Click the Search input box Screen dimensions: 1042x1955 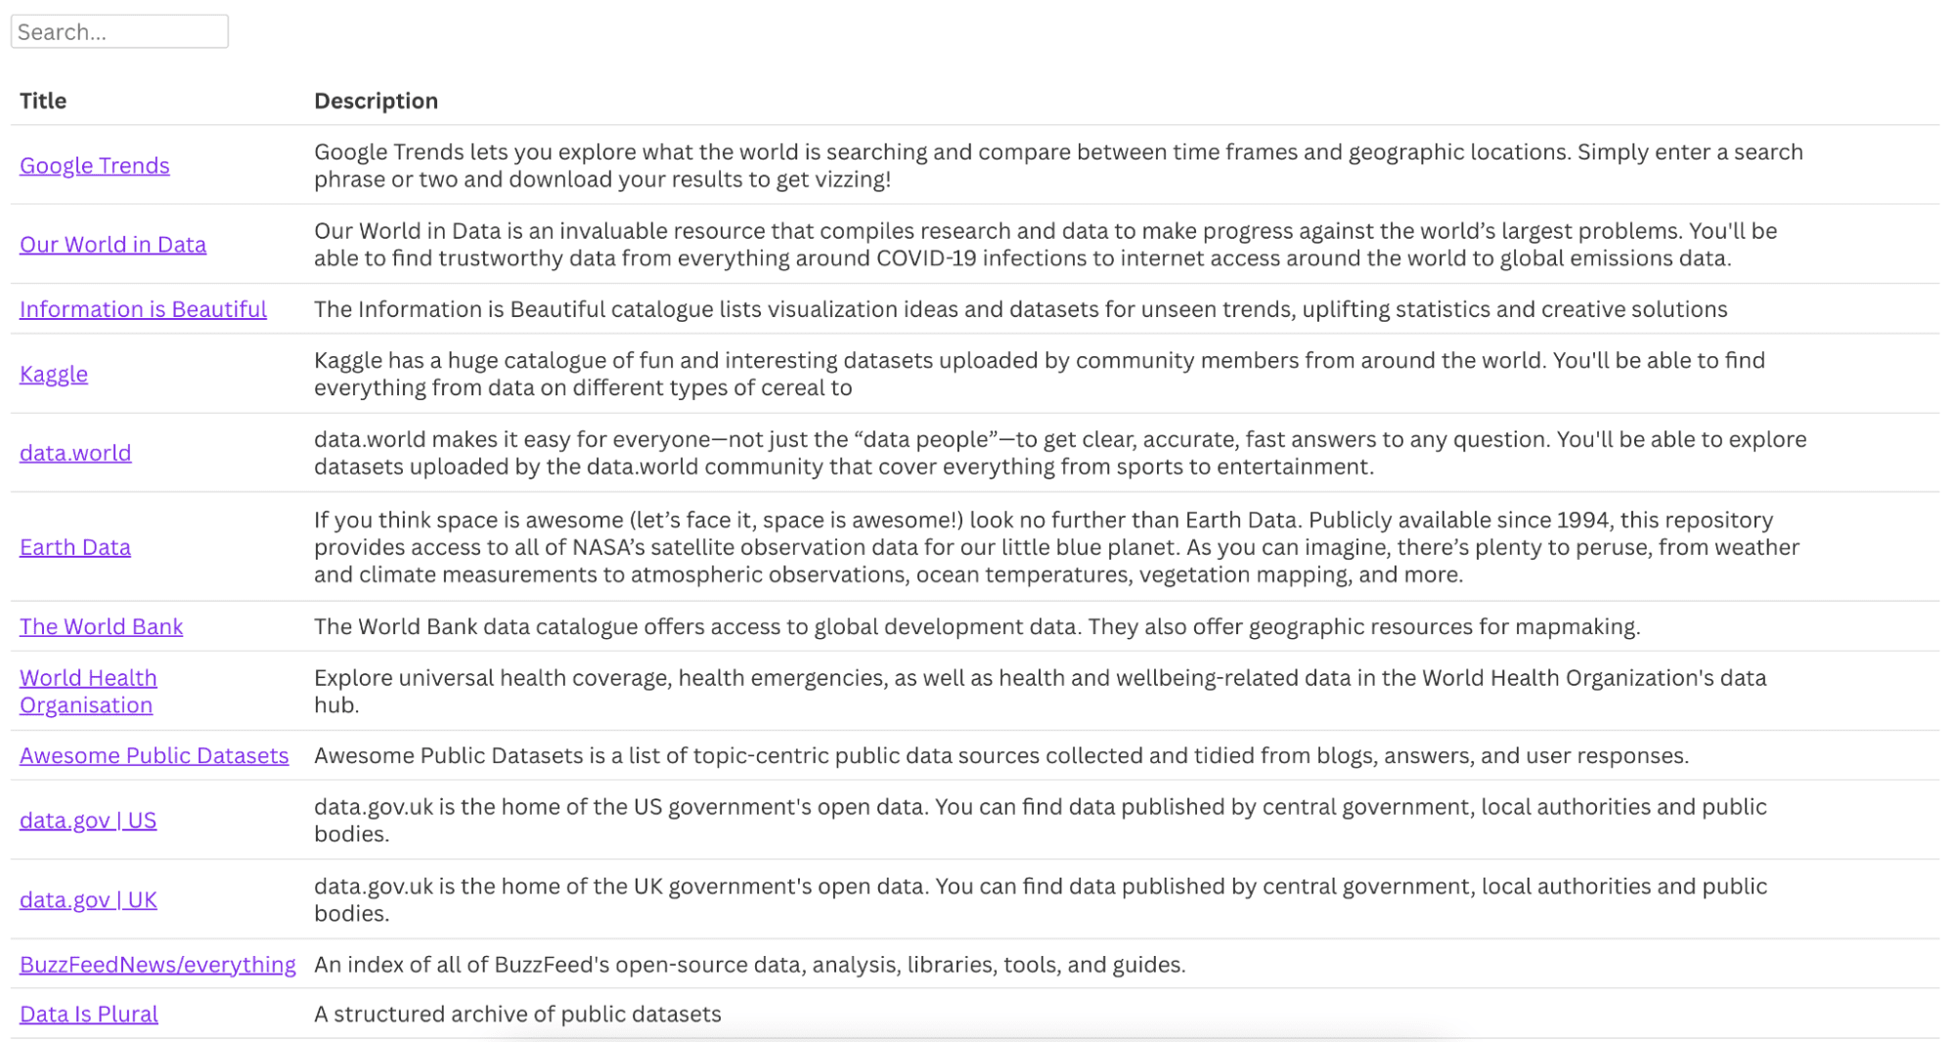119,31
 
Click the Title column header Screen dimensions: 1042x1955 43,101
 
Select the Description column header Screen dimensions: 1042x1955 376,101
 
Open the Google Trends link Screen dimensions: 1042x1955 95,165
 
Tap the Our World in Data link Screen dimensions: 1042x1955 112,245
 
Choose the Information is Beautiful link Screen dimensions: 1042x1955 143,309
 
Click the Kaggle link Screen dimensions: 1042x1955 54,374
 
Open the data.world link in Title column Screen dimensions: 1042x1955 75,453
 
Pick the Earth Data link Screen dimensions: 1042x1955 75,547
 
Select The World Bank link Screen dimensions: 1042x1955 101,626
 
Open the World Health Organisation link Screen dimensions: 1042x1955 88,691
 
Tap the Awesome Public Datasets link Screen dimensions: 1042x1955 155,755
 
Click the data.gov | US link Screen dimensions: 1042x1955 88,820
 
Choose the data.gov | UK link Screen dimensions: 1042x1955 88,899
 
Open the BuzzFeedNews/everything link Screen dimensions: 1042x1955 157,965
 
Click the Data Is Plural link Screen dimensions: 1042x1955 89,1014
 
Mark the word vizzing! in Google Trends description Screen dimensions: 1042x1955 846,180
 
